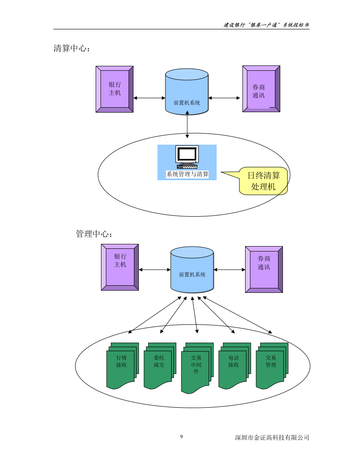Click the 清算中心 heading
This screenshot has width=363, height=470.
pos(72,49)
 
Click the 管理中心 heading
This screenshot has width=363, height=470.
pos(94,234)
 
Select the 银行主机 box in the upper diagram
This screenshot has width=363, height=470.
pos(114,89)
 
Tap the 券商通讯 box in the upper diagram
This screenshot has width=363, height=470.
pos(261,89)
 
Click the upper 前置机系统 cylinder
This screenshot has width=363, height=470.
pos(187,92)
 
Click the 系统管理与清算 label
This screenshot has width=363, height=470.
pos(187,174)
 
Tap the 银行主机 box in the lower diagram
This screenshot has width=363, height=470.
pos(120,267)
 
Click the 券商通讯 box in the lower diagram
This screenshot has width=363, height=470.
pos(264,269)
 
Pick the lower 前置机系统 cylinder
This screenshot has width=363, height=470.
pos(192,270)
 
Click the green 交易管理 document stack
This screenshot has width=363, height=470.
pos(271,365)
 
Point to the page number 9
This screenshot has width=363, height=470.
pos(181,437)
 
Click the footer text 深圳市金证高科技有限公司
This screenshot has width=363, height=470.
pos(272,438)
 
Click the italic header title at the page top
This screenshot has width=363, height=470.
pos(266,25)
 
